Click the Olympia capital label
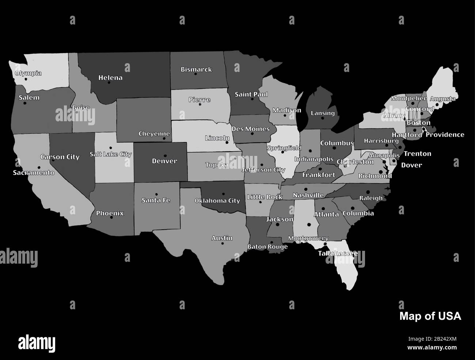[28, 73]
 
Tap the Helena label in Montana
[110, 78]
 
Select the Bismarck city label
[196, 69]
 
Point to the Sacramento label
[34, 173]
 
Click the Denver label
[164, 161]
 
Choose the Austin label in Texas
[222, 238]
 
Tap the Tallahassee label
[338, 253]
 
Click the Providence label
[445, 135]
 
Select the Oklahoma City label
[217, 200]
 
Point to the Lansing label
[323, 113]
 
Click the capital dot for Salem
[25, 103]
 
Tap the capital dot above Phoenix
[111, 218]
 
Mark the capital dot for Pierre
[200, 104]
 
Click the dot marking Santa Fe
[156, 195]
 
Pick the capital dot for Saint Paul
[252, 99]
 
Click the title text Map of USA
[430, 316]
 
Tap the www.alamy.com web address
[432, 348]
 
